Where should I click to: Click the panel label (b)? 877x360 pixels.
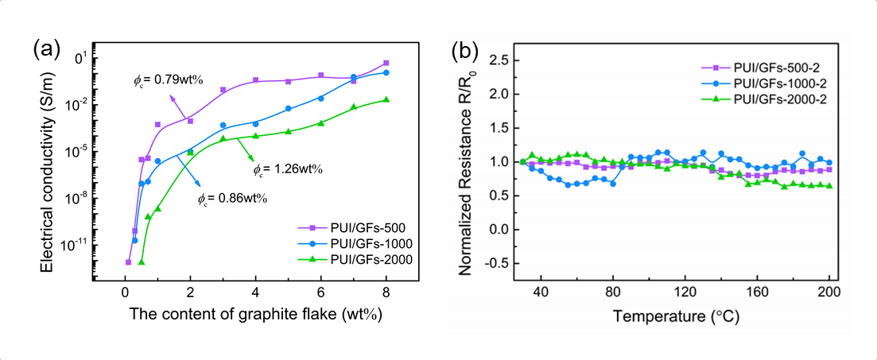[465, 50]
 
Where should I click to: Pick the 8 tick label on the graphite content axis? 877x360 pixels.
[386, 291]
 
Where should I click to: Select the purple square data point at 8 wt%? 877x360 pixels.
[386, 63]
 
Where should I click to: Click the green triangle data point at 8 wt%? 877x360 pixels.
[386, 99]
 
